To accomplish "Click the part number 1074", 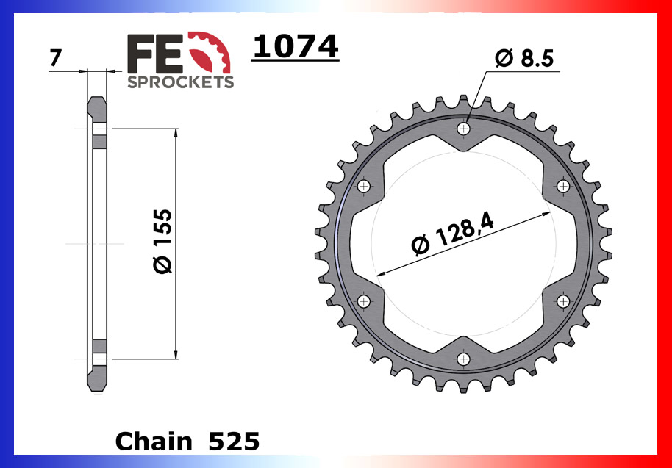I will pos(295,46).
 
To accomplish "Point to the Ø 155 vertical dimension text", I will pos(163,242).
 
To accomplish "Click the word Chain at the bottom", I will pos(153,441).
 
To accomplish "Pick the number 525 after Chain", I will pos(234,441).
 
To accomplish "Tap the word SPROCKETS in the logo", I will pos(181,82).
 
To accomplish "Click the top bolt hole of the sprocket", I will pos(463,129).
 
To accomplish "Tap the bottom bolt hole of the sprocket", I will pos(463,359).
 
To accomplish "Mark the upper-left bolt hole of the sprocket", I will pos(363,187).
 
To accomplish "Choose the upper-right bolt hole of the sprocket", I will pos(563,187).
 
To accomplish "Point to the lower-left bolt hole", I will pos(363,301).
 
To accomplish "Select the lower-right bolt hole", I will pos(563,301).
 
